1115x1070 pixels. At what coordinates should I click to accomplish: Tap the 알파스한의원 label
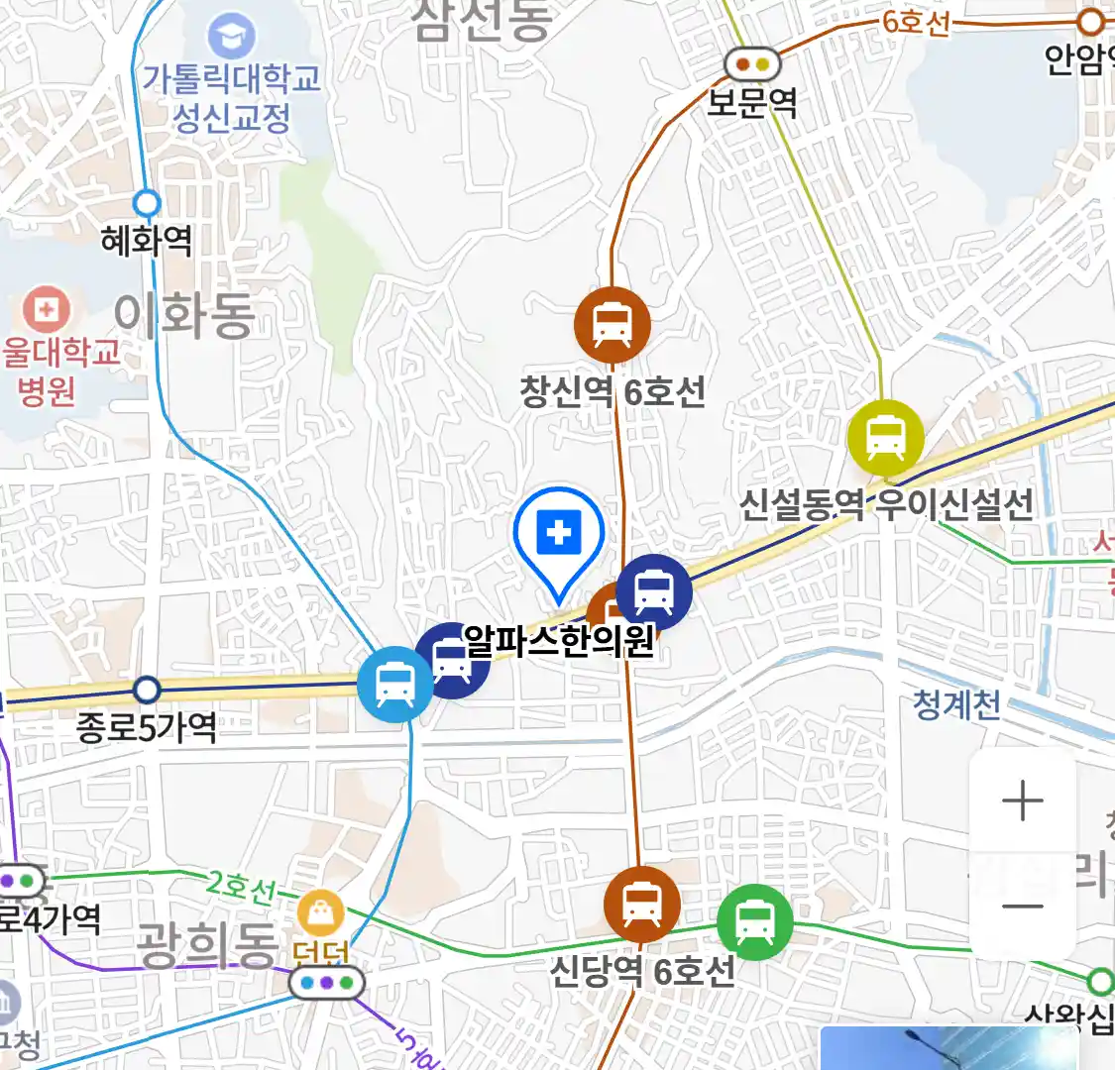(x=559, y=641)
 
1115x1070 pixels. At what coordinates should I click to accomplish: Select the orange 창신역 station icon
(x=613, y=324)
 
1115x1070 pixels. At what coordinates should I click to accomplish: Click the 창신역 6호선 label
(x=613, y=391)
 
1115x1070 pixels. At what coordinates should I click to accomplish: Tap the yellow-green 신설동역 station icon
(x=885, y=438)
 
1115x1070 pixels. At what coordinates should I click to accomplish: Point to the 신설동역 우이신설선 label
(x=886, y=503)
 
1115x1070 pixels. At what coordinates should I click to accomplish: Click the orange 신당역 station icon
(x=642, y=905)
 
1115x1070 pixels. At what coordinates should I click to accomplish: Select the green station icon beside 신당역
(x=755, y=922)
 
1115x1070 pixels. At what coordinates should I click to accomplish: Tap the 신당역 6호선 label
(x=642, y=970)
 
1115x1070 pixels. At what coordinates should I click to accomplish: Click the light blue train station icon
(x=394, y=684)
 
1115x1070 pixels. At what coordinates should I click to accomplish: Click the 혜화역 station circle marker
(x=147, y=204)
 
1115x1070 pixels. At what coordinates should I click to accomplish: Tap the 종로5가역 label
(x=147, y=728)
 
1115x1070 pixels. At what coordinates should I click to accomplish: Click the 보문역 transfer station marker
(x=753, y=65)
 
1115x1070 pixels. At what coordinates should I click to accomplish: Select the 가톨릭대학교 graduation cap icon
(x=231, y=37)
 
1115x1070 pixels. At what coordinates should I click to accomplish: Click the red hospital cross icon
(x=46, y=310)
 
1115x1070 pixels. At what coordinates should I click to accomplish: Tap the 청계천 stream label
(x=956, y=704)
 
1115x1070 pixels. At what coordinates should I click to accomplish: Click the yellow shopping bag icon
(x=320, y=913)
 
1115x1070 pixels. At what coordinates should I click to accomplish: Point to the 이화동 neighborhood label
(x=184, y=315)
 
